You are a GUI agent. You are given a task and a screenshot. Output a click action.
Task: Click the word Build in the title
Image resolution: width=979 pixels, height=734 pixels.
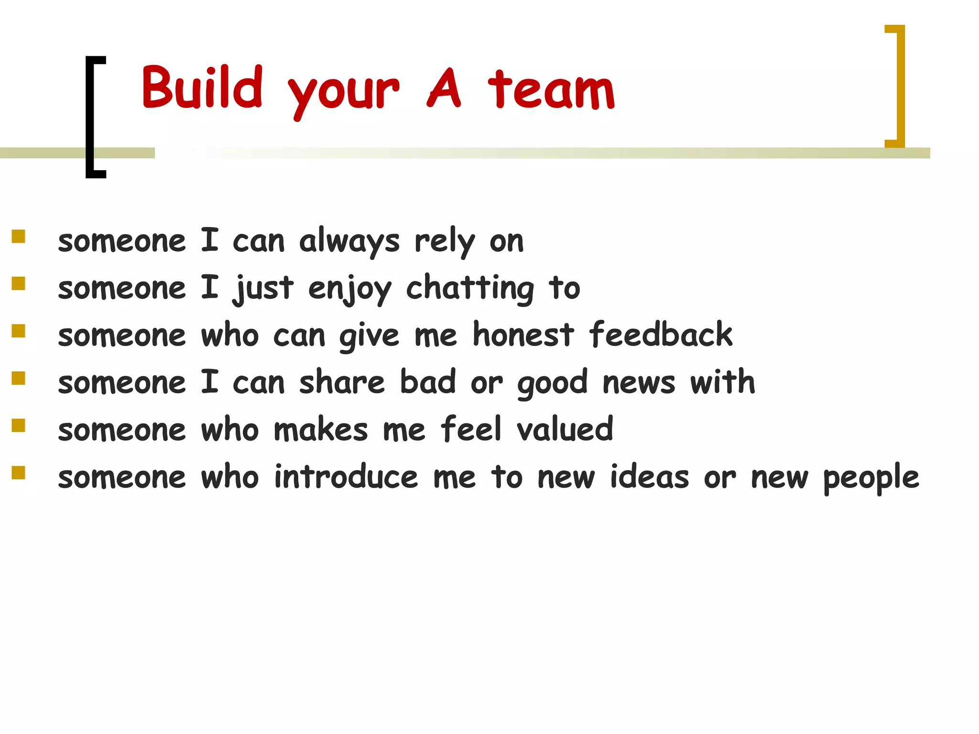202,87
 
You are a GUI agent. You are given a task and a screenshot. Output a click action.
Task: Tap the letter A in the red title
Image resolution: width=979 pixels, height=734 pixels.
444,88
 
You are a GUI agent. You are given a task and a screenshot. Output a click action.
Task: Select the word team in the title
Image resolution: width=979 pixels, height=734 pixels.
551,89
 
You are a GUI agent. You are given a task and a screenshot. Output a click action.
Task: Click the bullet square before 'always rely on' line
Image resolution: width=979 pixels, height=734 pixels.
19,237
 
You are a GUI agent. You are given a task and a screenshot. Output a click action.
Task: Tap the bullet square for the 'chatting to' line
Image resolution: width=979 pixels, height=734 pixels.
19,284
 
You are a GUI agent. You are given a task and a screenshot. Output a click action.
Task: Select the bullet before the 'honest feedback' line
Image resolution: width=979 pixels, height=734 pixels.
19,331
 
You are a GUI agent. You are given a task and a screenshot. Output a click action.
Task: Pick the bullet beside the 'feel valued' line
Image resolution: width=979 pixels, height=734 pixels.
19,425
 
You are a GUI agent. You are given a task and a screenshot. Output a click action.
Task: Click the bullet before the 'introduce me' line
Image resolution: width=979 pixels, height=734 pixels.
19,472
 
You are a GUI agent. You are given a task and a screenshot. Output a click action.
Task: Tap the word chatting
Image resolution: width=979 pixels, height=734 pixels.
470,289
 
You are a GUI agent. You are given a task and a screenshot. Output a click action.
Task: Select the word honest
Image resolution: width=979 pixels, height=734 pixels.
523,335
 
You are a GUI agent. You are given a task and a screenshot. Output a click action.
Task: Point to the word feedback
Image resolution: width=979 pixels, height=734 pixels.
661,335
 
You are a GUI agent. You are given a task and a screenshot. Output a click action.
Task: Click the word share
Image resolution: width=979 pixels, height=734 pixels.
342,382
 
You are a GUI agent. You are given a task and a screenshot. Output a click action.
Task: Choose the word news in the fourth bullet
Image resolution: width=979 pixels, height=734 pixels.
639,383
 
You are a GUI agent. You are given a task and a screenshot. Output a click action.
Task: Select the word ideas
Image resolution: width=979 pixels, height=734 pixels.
650,476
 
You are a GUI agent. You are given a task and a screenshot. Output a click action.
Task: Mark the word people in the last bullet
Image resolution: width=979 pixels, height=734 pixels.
870,478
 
